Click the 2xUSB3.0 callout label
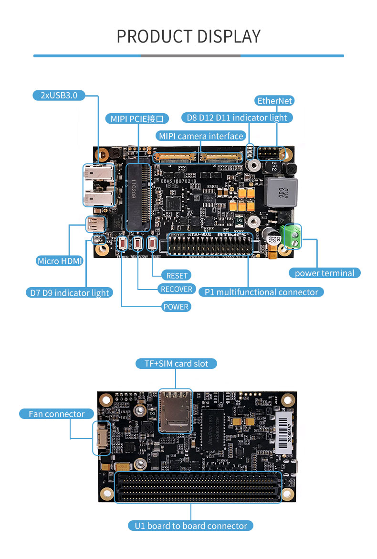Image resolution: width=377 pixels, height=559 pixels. [x=59, y=95]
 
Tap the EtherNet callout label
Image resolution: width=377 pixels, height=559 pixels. [x=275, y=100]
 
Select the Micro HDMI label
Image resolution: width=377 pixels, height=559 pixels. [x=60, y=261]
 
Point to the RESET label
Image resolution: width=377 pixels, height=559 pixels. [x=176, y=275]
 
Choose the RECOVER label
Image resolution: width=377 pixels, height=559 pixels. [x=176, y=289]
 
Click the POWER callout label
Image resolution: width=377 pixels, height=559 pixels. [x=176, y=307]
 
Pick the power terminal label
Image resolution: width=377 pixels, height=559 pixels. [x=325, y=273]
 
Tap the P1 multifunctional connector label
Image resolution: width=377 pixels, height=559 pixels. [x=261, y=292]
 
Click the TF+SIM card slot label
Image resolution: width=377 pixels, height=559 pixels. [x=176, y=364]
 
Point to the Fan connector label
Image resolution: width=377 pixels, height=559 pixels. [x=56, y=414]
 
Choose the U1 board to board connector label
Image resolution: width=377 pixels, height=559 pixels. [x=190, y=526]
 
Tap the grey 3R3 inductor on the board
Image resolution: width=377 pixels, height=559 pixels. [x=281, y=193]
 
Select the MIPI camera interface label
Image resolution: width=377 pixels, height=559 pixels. [x=201, y=136]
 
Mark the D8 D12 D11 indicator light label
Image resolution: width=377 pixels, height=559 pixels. [x=237, y=118]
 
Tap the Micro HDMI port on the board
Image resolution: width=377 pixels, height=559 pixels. [x=95, y=224]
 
